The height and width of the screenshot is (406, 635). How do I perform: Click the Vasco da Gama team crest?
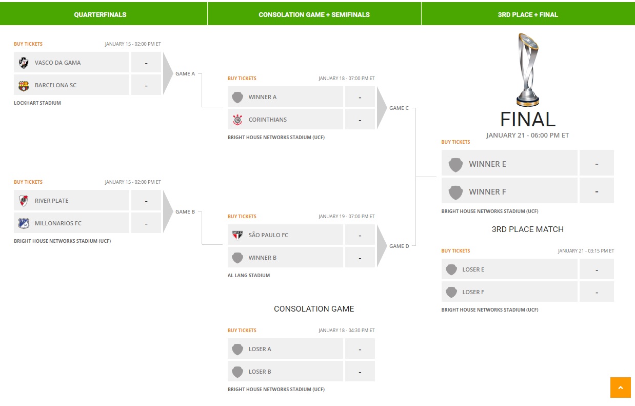[24, 63]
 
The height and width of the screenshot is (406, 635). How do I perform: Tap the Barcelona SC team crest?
[24, 86]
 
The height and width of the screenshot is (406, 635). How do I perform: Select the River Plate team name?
[52, 201]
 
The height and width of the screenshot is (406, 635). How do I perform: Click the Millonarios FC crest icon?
[24, 223]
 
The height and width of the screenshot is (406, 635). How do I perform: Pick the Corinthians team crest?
[237, 120]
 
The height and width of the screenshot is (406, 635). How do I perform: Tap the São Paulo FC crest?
[237, 235]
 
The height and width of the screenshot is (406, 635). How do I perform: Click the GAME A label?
[185, 74]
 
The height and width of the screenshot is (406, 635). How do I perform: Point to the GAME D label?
[399, 246]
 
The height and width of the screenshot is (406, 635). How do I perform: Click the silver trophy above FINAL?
[528, 70]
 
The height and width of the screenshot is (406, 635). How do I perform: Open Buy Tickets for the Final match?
[455, 142]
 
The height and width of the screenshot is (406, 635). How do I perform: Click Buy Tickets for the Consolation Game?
[242, 330]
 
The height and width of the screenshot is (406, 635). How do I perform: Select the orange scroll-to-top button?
[621, 388]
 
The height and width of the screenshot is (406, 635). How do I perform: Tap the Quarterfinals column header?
[100, 15]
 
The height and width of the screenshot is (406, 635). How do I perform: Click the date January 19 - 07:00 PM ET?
[346, 217]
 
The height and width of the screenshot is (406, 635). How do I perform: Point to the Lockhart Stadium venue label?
[37, 103]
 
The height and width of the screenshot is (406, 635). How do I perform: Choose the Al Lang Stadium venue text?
[249, 276]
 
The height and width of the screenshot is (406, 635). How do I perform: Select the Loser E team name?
[473, 269]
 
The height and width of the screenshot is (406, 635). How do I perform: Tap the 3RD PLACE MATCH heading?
[528, 229]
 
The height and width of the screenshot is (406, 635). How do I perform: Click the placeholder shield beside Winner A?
[237, 98]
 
